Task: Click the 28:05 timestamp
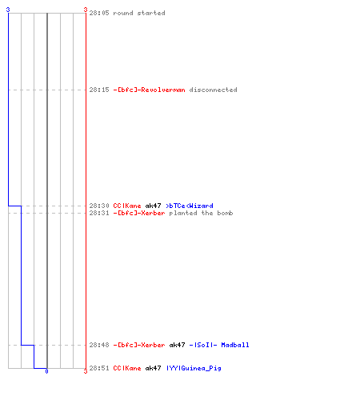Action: pos(99,13)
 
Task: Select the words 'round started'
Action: pos(139,13)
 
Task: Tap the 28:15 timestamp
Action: pos(99,90)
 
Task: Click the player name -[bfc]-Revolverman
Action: pos(149,90)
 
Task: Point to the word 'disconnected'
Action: pos(213,90)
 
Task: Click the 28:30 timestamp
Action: pos(99,206)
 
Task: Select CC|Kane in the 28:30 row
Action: pos(127,206)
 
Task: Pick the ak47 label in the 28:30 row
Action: pos(153,206)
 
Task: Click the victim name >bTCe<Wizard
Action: pos(190,206)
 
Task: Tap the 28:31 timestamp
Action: pos(99,213)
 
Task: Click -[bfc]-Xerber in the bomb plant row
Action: pos(139,213)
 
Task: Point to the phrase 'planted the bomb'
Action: pos(201,213)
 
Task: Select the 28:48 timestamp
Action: pos(99,345)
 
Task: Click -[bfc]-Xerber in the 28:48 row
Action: pos(139,345)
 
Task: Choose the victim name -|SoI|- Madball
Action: pos(219,345)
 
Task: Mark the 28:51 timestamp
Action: pos(99,368)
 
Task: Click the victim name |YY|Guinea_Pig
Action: pos(194,368)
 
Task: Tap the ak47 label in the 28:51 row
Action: pos(153,368)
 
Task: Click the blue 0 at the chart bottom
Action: pos(46,371)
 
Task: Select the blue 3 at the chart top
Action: pos(8,10)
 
